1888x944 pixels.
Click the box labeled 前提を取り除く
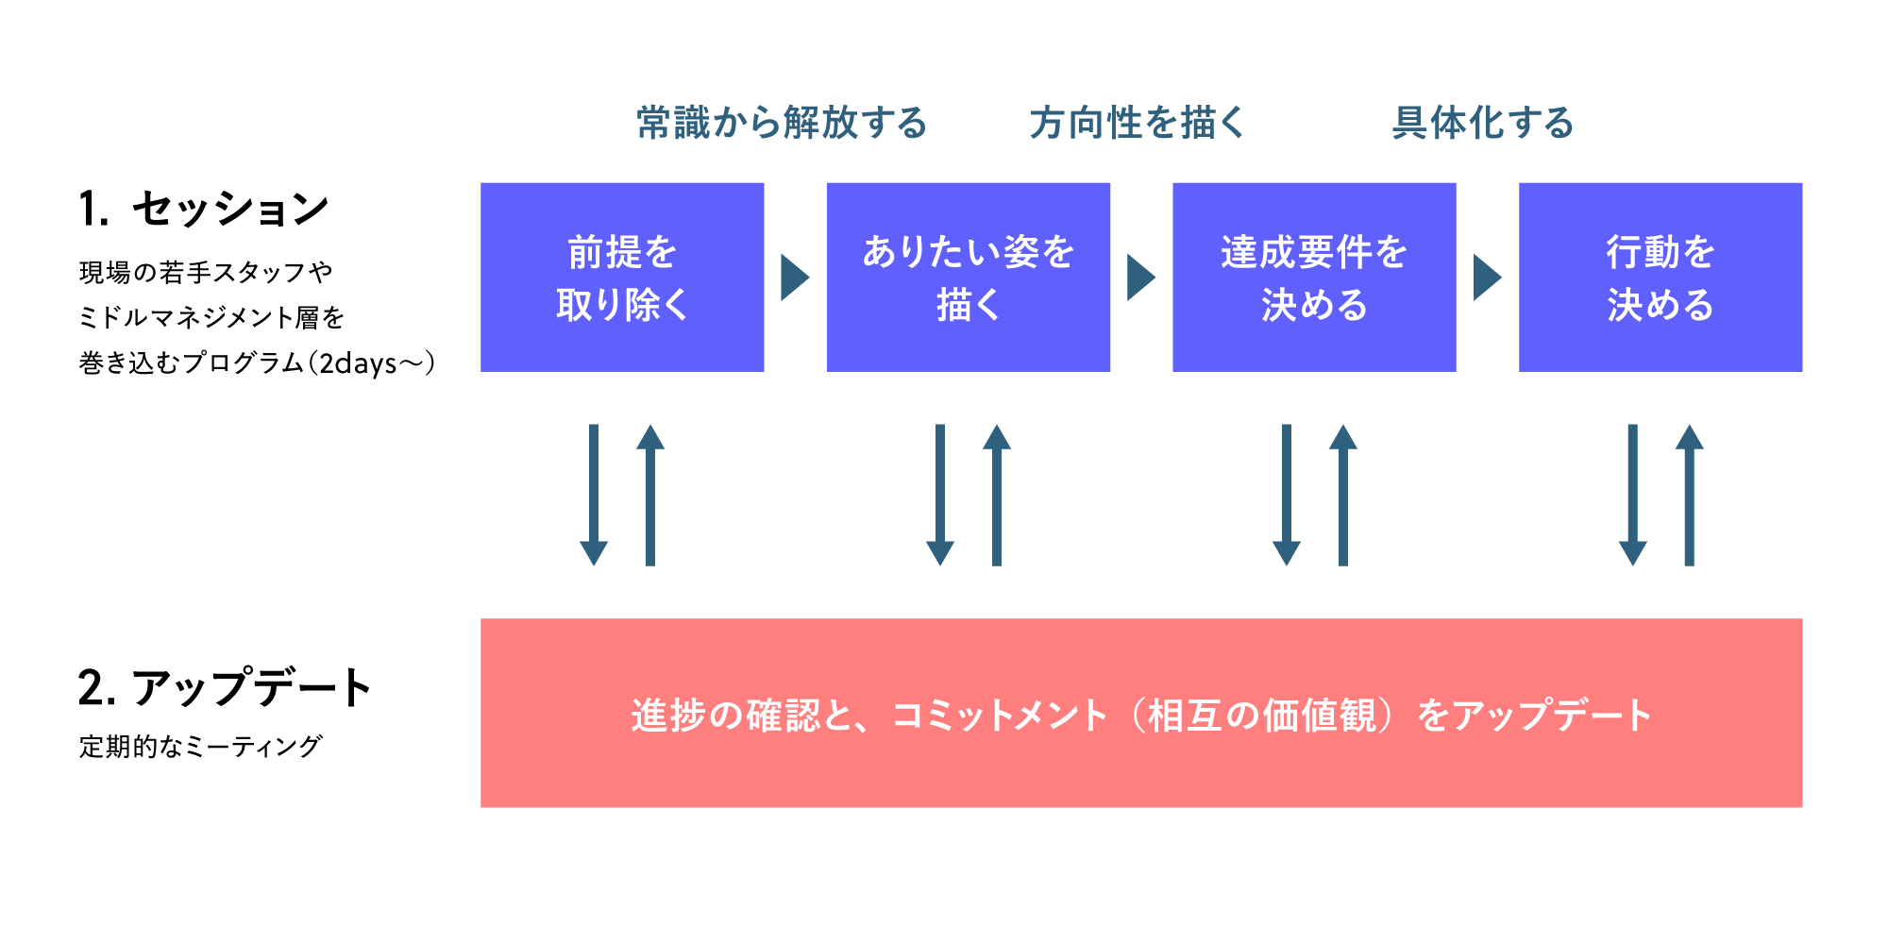click(x=622, y=278)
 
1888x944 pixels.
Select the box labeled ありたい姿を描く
click(x=968, y=278)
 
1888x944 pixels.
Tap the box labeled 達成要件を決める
click(x=1314, y=278)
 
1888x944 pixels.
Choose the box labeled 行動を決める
click(x=1660, y=278)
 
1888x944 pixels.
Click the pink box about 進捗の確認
click(x=1140, y=713)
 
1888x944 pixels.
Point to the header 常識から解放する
click(x=782, y=124)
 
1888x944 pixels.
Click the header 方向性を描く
click(x=1137, y=124)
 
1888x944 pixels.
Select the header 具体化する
click(x=1483, y=124)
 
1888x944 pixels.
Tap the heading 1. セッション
click(x=204, y=209)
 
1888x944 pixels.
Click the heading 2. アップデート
click(x=225, y=687)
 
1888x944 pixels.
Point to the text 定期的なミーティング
click(x=200, y=747)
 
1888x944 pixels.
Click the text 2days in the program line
click(x=358, y=363)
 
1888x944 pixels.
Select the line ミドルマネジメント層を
click(x=211, y=318)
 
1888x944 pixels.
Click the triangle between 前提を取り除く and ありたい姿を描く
click(x=794, y=278)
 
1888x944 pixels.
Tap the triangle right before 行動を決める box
click(x=1486, y=278)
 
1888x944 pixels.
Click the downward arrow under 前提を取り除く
click(x=594, y=496)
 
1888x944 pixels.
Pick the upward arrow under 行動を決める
click(x=1689, y=496)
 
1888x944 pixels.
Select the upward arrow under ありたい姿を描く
click(x=997, y=496)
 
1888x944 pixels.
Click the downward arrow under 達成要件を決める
click(x=1287, y=496)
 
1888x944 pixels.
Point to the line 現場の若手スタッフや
click(x=206, y=273)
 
